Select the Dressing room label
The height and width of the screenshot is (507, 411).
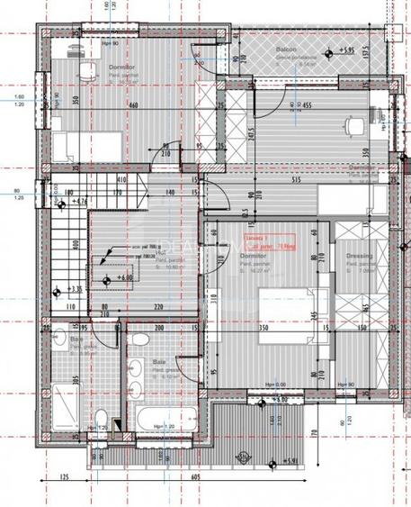tap(359, 255)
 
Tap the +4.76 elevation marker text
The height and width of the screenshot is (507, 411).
tap(77, 201)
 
